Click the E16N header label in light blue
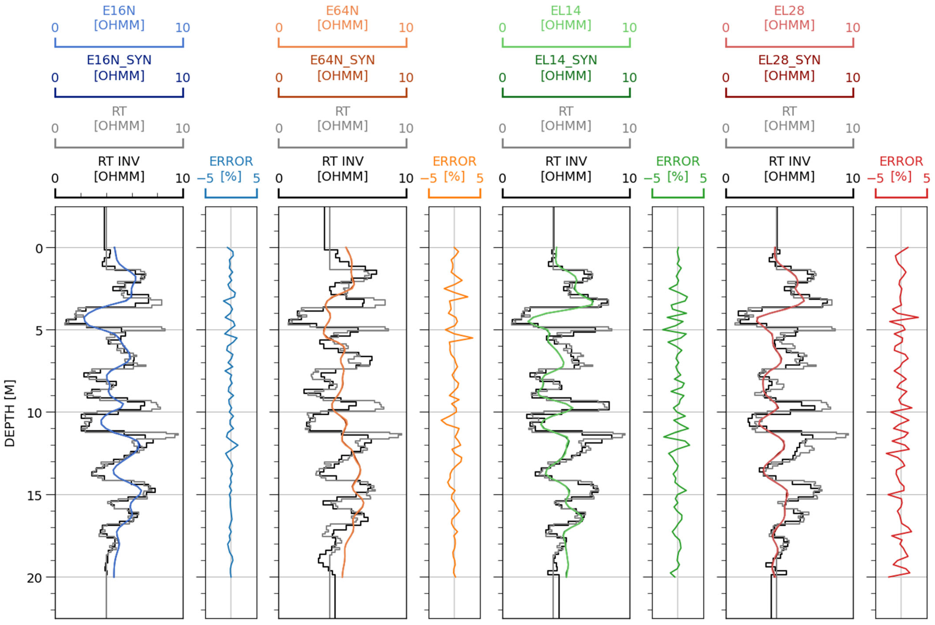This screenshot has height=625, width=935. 119,11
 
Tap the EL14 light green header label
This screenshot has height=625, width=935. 566,11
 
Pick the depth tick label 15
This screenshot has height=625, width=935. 35,495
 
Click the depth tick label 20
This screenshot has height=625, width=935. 35,578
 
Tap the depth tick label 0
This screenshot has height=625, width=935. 39,249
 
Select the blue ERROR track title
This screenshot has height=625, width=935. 231,161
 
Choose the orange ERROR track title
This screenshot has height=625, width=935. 454,161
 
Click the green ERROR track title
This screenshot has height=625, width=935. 678,161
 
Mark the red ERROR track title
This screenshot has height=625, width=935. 901,161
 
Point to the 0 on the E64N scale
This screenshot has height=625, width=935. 279,28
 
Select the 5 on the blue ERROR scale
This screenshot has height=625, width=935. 257,178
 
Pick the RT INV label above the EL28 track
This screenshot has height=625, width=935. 789,161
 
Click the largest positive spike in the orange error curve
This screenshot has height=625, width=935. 473,338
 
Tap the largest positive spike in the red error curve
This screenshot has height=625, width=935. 918,317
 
